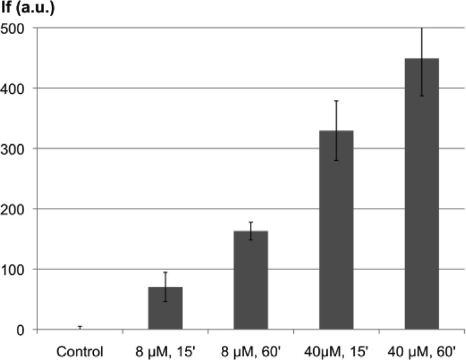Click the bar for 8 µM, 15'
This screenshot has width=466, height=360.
(165, 308)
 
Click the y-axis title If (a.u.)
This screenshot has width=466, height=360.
(28, 9)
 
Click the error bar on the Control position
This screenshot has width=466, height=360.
(80, 327)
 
